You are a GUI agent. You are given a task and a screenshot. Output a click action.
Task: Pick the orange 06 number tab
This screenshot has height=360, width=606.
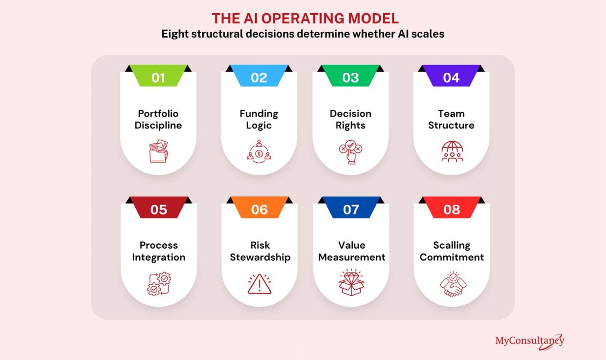260,208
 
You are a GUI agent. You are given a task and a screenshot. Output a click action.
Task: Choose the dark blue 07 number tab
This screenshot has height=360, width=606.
351,208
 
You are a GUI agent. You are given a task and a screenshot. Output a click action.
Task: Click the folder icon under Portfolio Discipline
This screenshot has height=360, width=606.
158,151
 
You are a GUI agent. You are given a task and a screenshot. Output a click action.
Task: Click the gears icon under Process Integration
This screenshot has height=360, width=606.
159,283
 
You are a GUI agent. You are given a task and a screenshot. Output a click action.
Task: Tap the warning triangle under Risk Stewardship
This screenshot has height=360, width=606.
260,284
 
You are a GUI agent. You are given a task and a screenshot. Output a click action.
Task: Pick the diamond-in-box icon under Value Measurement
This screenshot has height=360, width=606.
351,282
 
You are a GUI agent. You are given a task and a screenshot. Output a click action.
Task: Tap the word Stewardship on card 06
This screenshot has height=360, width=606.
260,257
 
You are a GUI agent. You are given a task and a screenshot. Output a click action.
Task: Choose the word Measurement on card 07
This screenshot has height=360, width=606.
351,257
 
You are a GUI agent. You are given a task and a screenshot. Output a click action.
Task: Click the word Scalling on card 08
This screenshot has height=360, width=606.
452,245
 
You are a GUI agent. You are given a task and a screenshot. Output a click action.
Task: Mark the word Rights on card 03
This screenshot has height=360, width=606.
350,126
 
